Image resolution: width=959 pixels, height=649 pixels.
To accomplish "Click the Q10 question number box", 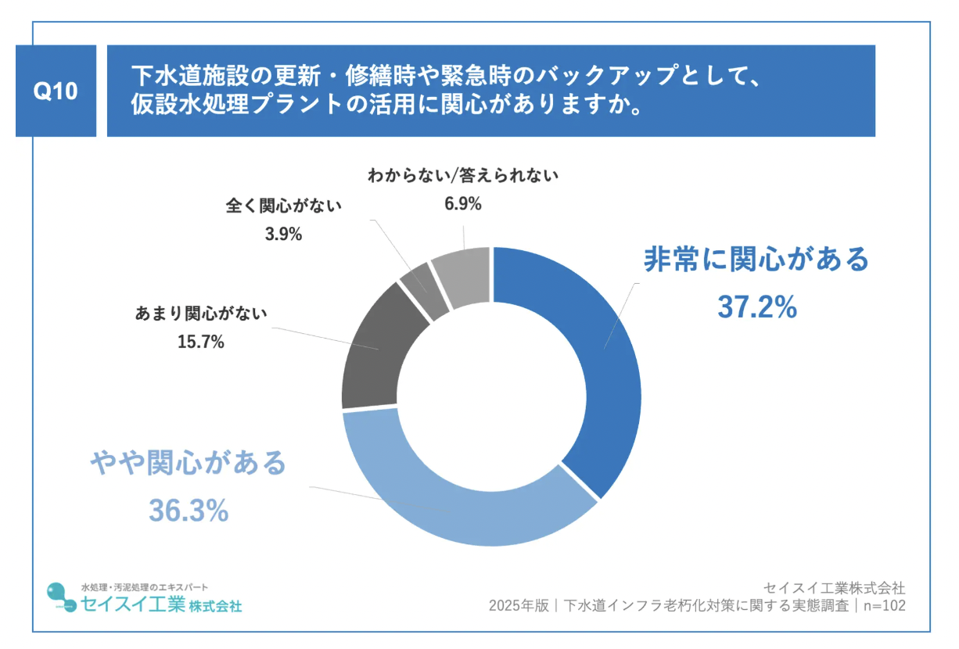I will click(56, 91).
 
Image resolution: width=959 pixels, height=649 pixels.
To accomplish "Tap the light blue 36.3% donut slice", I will click(462, 500).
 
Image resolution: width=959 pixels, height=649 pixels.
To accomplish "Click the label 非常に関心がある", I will click(756, 260).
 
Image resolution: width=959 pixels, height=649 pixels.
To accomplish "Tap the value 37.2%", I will click(756, 308).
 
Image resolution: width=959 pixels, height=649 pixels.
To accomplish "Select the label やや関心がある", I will click(188, 464).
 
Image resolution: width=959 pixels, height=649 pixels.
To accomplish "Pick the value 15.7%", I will click(201, 342).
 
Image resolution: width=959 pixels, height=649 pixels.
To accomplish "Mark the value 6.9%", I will click(462, 204).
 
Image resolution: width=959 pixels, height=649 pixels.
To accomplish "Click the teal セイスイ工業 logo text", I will click(133, 604).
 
